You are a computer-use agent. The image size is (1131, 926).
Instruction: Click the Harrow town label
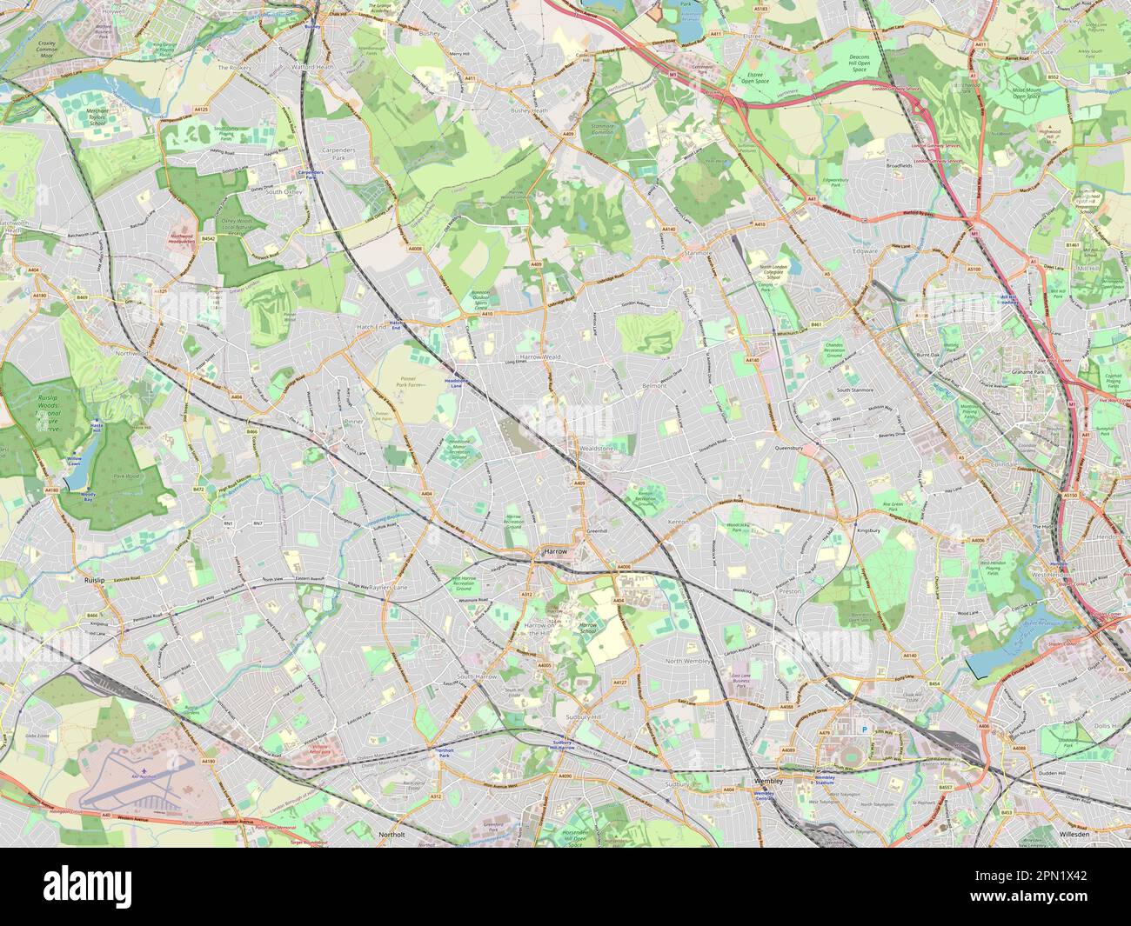553,551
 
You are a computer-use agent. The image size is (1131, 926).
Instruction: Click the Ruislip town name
93,578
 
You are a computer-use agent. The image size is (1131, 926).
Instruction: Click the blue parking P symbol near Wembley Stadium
864,729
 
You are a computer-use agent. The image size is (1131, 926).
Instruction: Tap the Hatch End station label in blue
397,324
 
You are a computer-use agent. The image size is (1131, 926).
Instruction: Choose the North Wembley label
689,662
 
